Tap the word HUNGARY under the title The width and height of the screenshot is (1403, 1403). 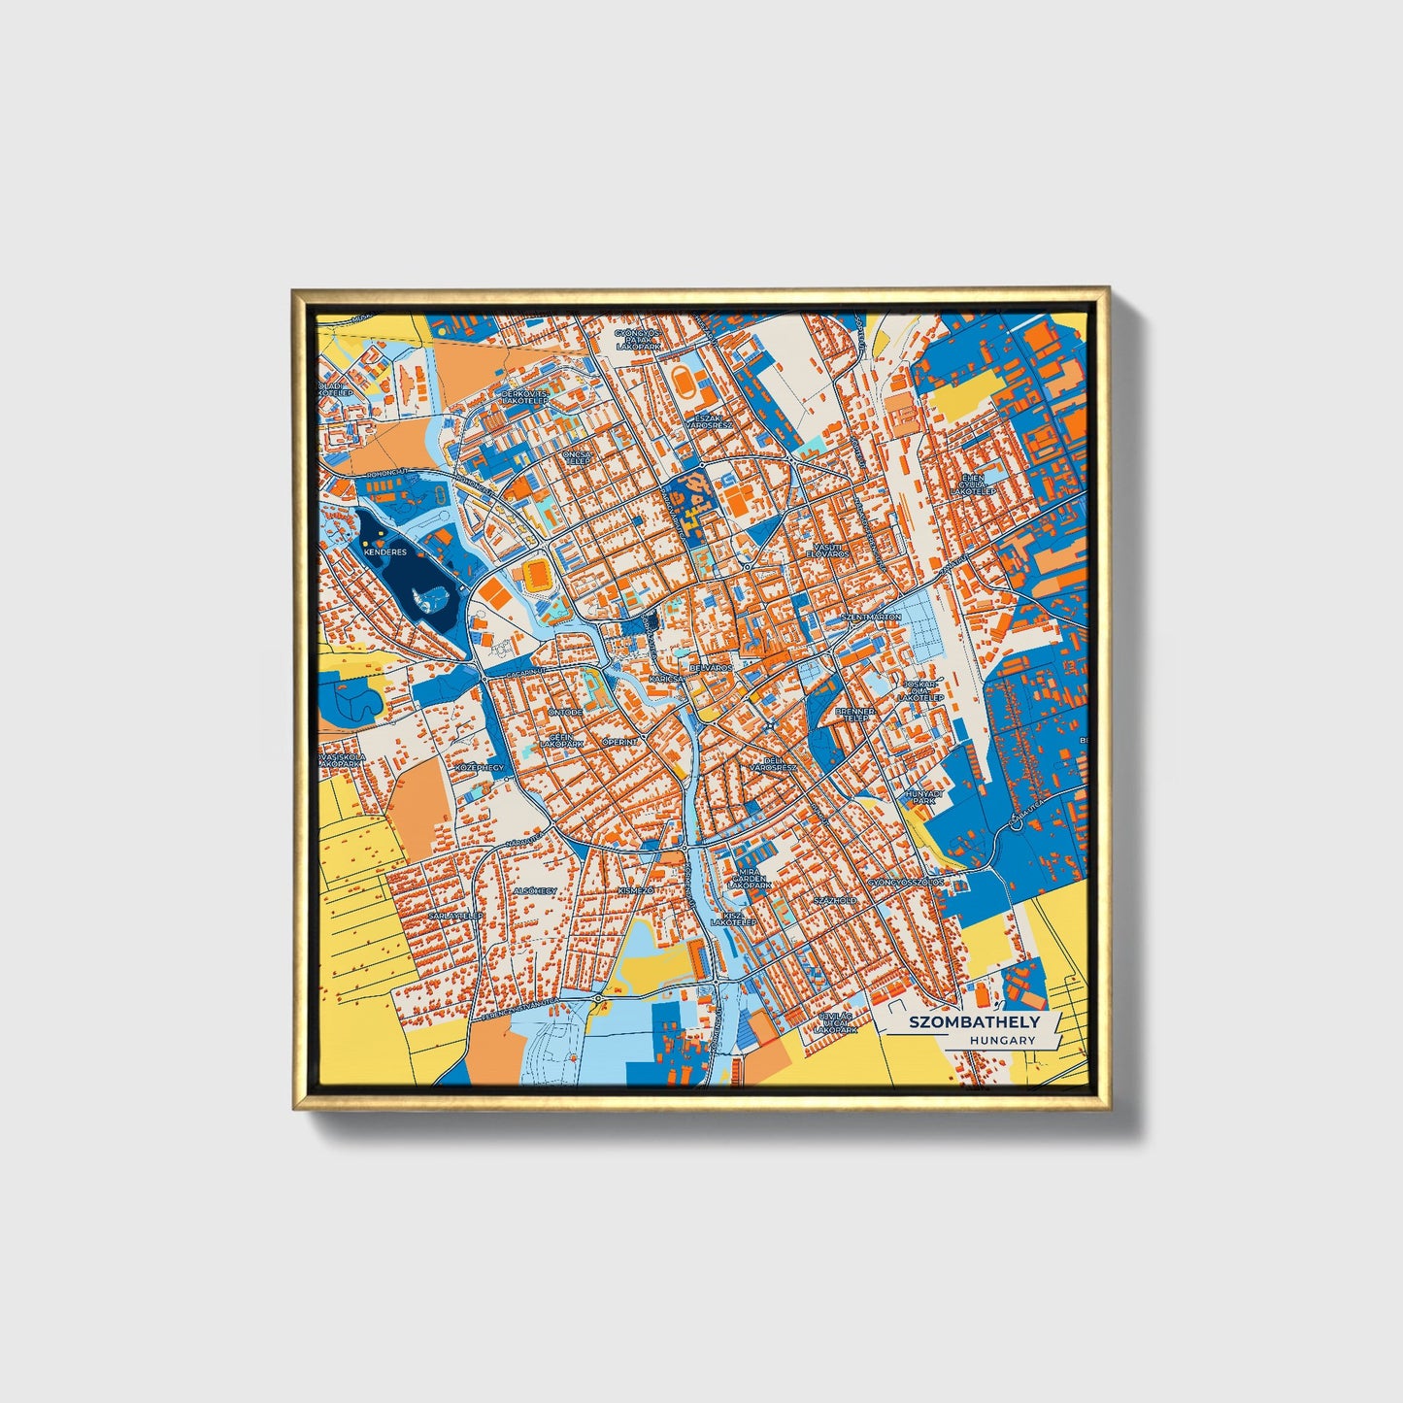(x=1002, y=1040)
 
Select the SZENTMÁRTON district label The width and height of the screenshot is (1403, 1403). (x=871, y=618)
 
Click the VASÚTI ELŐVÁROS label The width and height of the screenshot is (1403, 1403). (x=827, y=550)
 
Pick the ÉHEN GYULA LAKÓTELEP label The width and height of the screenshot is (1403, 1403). (x=972, y=485)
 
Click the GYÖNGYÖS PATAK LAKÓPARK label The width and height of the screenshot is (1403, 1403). (x=637, y=339)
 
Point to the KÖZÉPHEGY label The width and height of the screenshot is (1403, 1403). (x=481, y=767)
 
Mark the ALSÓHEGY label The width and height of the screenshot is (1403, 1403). (x=535, y=890)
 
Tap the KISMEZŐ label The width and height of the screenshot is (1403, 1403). (x=636, y=890)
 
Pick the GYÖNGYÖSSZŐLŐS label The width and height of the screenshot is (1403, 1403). (x=906, y=883)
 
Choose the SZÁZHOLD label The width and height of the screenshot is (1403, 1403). (x=835, y=901)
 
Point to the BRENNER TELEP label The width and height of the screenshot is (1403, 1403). (x=854, y=715)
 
